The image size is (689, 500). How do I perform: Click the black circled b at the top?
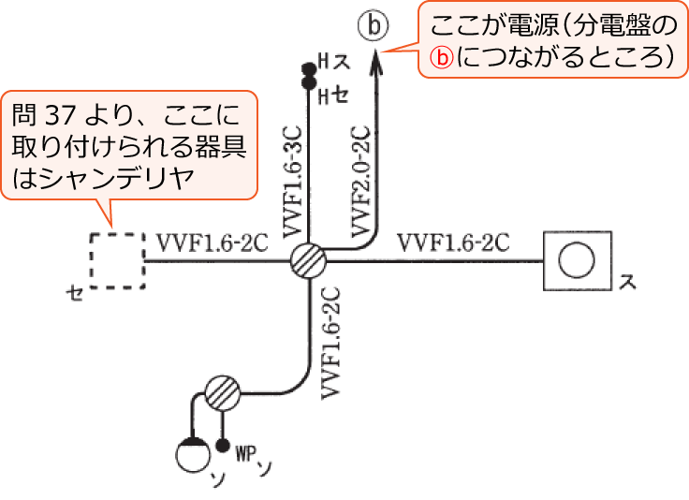(x=374, y=25)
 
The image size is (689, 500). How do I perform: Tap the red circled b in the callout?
(x=440, y=56)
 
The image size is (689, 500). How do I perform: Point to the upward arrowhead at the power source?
(x=374, y=58)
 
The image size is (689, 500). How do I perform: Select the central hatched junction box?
(x=307, y=260)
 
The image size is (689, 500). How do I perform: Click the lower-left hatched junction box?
(x=223, y=391)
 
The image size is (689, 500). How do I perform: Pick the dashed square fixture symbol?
(x=118, y=259)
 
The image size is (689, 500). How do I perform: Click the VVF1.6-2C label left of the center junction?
(x=213, y=242)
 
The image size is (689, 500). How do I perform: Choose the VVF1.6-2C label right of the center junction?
(x=453, y=242)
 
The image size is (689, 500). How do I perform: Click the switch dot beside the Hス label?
(x=306, y=69)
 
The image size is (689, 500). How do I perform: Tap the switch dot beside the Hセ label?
(x=306, y=84)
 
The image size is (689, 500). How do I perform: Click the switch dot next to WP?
(x=223, y=447)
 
